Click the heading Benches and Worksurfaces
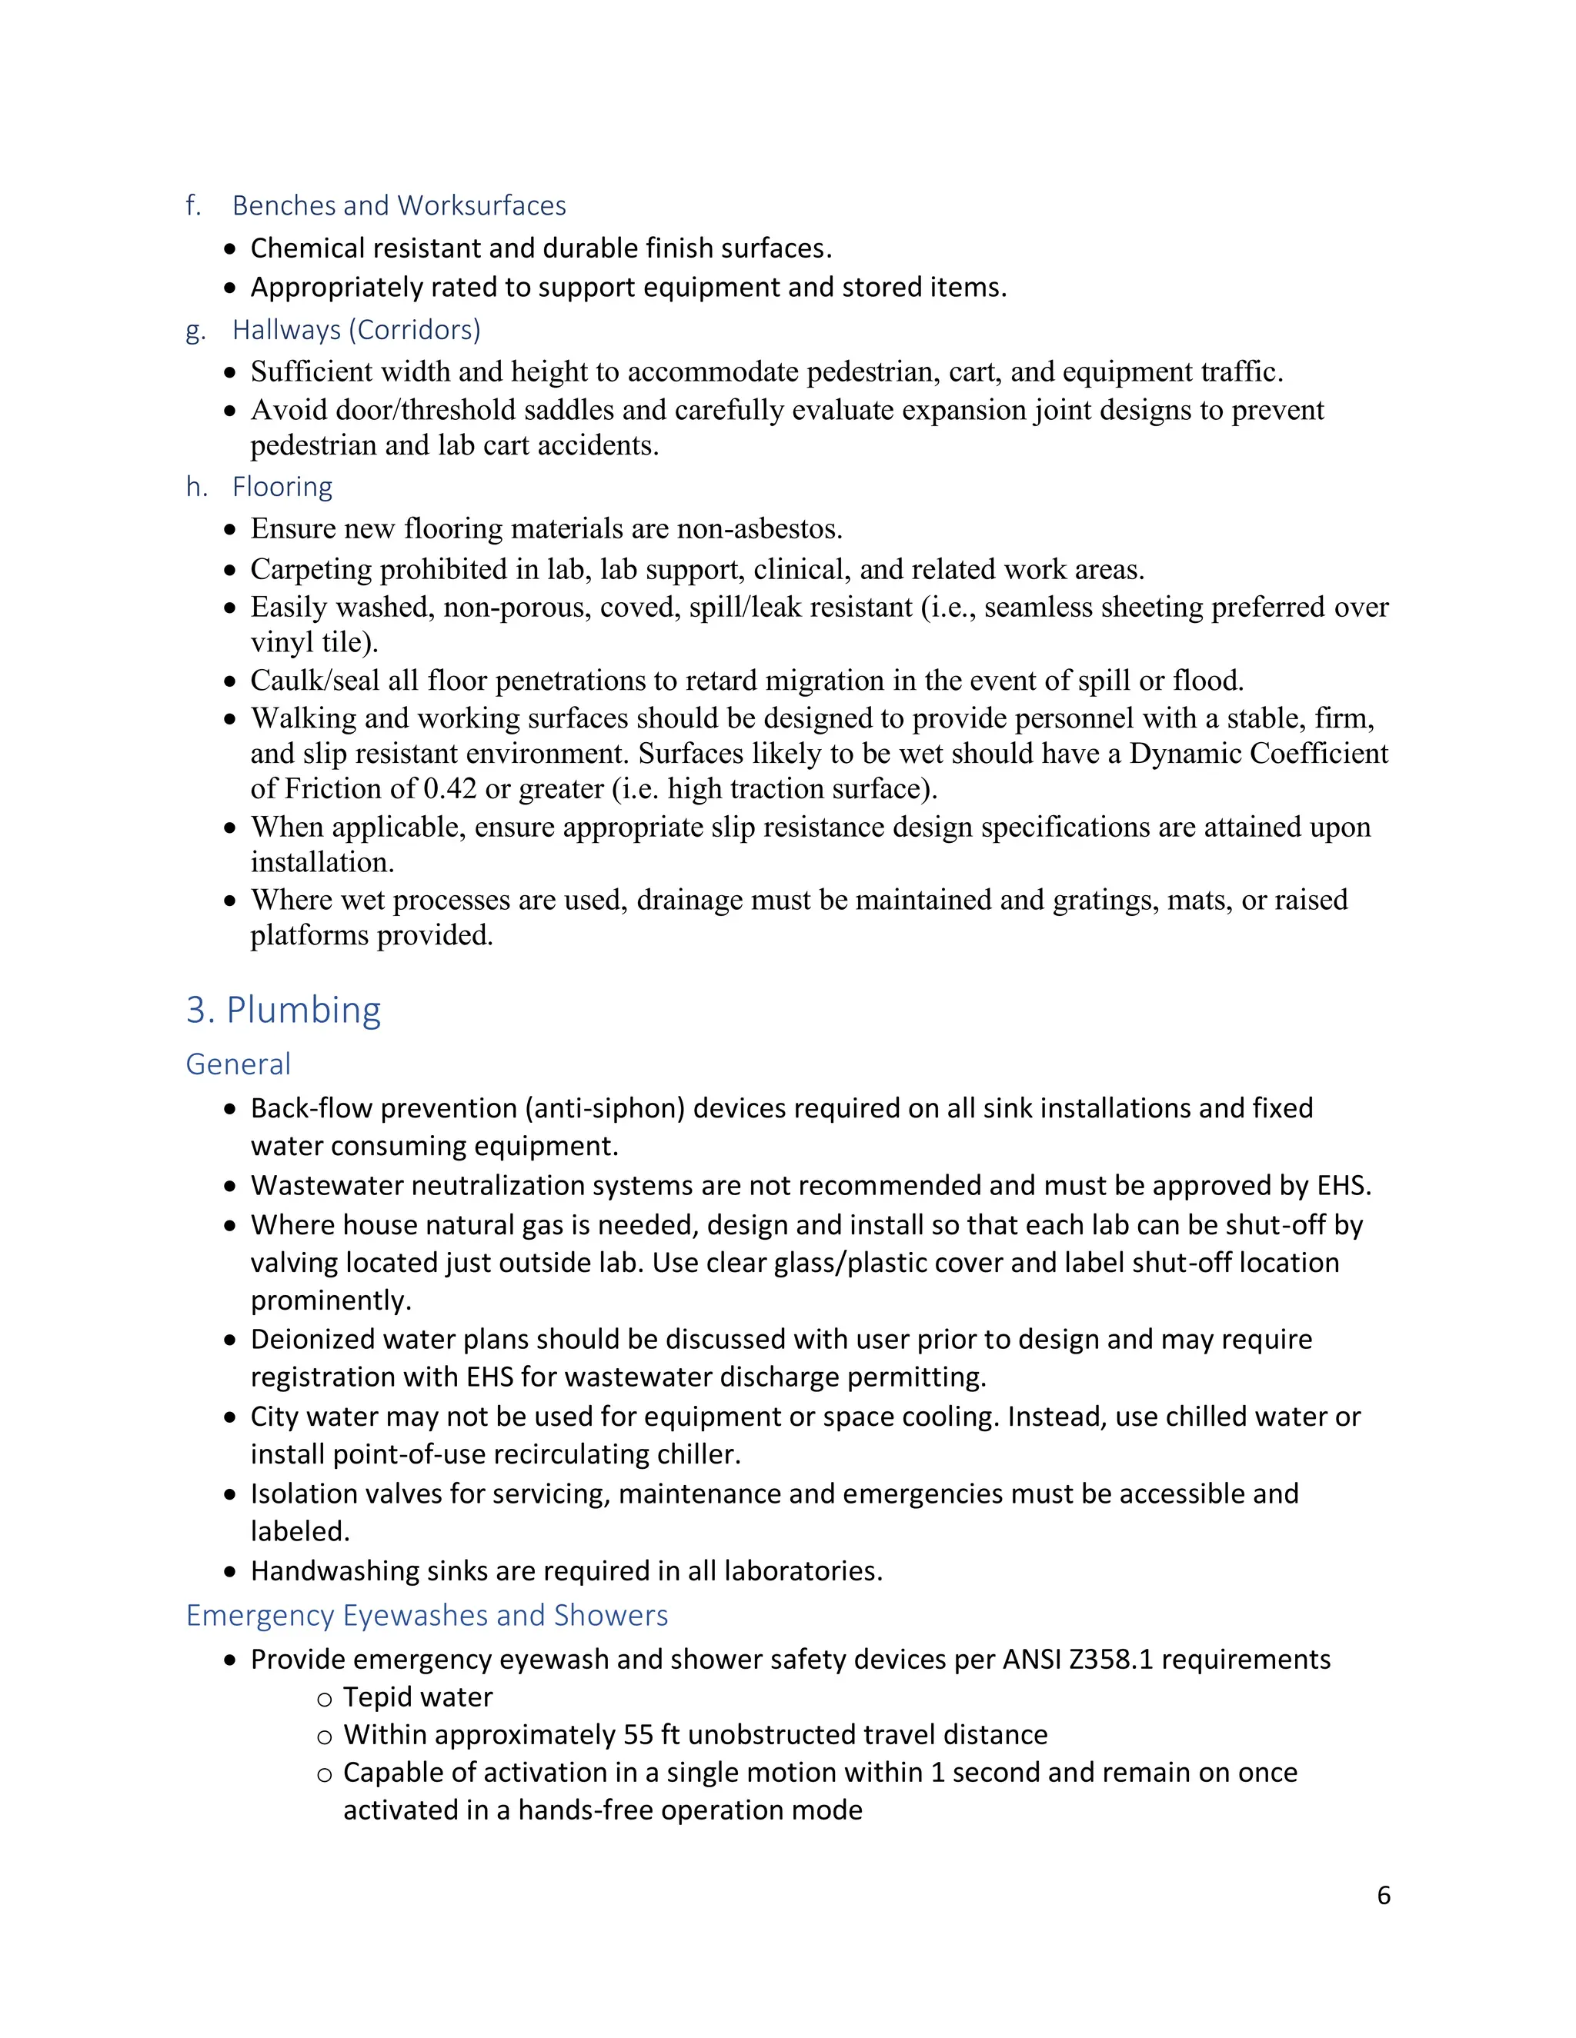tap(399, 205)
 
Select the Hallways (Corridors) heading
tap(356, 331)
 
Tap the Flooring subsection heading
tap(282, 487)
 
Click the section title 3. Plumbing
tap(283, 1011)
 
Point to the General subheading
tap(238, 1064)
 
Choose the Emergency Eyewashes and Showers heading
tap(426, 1615)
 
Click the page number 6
tap(1383, 1895)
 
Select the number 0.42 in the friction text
tap(450, 790)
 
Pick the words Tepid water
tap(417, 1697)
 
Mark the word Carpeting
tap(311, 569)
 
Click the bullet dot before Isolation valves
tap(231, 1495)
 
